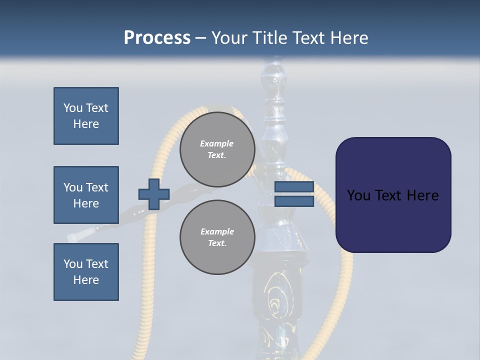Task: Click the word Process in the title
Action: (x=157, y=38)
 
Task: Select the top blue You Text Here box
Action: (x=86, y=116)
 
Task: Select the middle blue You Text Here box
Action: (x=86, y=195)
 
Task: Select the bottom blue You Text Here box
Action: (x=86, y=272)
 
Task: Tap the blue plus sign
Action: (x=154, y=194)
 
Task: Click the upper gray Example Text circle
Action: (x=217, y=149)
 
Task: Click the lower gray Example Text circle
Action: (x=217, y=237)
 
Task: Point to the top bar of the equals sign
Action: (x=294, y=187)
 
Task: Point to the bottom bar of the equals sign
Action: (x=294, y=201)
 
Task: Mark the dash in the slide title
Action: (x=200, y=38)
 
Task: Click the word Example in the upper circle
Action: (x=217, y=143)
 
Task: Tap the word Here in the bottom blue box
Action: (x=86, y=280)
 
